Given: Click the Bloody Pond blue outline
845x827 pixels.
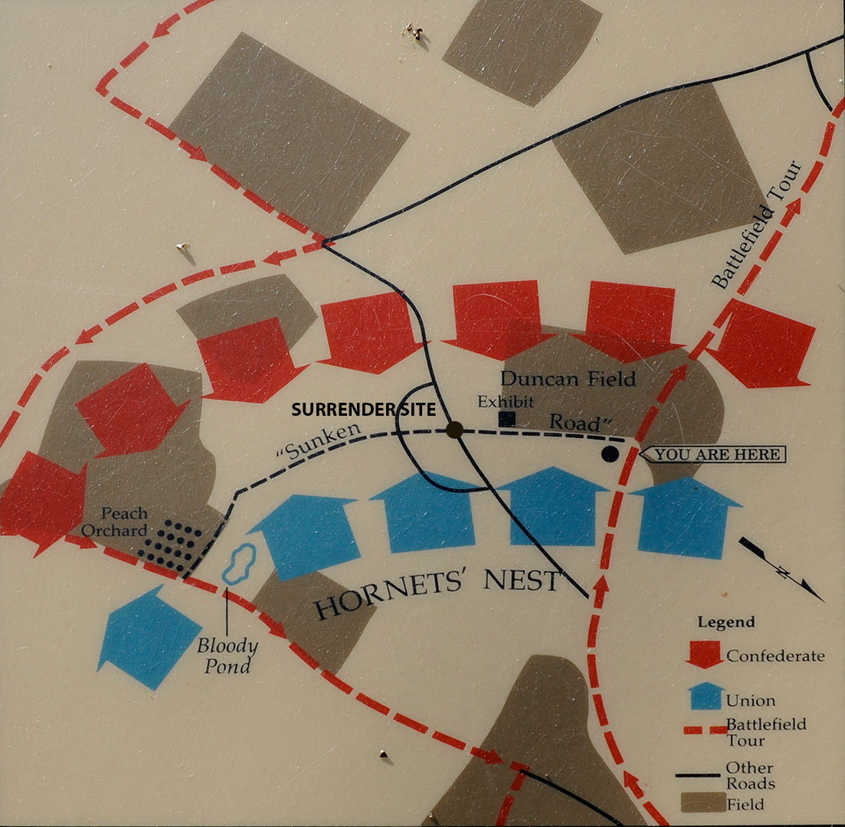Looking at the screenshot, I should pos(238,565).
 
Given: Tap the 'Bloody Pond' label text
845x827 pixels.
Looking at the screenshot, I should pos(227,655).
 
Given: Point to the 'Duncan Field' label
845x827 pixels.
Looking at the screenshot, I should pos(568,378).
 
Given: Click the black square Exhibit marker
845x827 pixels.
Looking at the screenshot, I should pos(506,419).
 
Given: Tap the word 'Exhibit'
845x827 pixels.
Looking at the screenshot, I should pos(505,402).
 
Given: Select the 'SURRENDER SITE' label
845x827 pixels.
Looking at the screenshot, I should pos(363,410).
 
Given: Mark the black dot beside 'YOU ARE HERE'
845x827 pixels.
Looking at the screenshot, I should pos(610,454).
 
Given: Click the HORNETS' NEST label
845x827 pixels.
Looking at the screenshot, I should pos(438,593).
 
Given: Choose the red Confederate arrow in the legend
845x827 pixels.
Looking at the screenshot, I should pos(705,653).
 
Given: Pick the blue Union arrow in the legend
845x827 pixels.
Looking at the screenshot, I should pos(705,696).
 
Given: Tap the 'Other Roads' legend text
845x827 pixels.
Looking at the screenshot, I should pos(750,775).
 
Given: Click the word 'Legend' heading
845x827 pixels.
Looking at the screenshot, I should pos(725,622).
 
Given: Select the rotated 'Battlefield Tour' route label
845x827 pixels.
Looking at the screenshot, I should pos(757,224).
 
